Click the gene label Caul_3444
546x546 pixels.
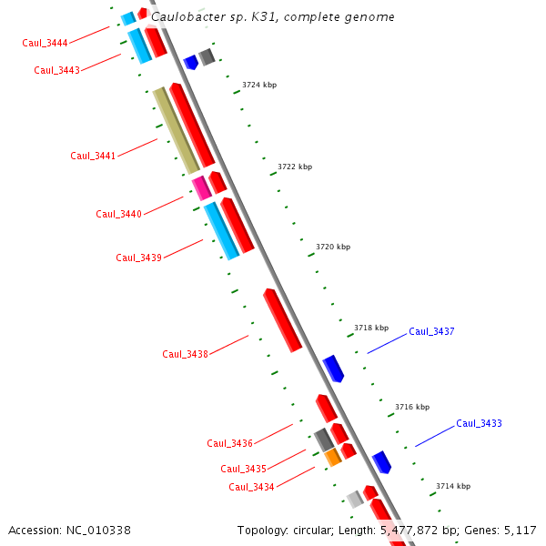pos(45,43)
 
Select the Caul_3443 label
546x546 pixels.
pos(56,70)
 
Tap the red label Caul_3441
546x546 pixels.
pos(93,156)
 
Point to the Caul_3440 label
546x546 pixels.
pos(118,214)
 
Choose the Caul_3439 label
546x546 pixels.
pos(138,258)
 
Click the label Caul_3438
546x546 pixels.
pos(185,354)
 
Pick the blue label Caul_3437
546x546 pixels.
pos(431,331)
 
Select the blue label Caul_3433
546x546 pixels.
pos(479,423)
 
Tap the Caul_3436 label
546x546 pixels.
pos(229,443)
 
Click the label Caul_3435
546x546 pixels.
pos(243,469)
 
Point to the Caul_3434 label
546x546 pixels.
pos(251,487)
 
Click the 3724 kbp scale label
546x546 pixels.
pos(259,85)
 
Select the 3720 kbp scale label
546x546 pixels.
pos(333,247)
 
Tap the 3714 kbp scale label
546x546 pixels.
pos(453,486)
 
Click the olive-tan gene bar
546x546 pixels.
pos(176,130)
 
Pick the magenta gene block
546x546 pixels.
pos(201,188)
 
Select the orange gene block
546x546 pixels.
pos(333,457)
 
